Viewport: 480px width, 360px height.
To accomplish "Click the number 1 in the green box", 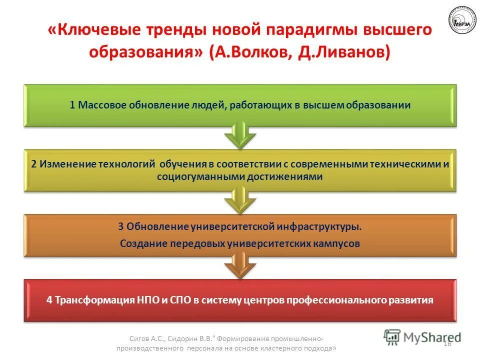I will [x=72, y=105].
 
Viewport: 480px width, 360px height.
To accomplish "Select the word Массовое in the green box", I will [x=102, y=105].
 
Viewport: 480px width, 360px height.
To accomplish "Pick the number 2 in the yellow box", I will [x=33, y=164].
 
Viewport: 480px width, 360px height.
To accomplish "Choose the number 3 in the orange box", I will [x=120, y=226].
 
